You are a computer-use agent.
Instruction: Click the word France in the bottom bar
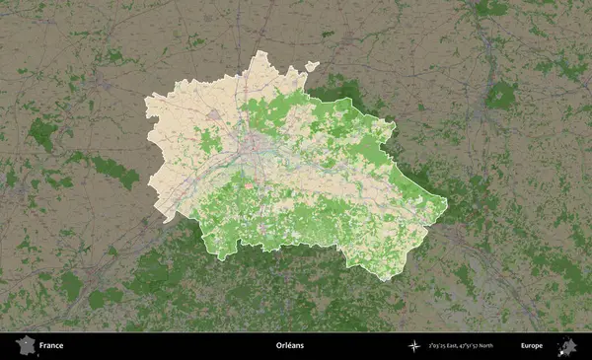[x=51, y=346]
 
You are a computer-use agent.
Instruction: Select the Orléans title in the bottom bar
[x=291, y=346]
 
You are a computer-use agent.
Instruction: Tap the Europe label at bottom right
[x=532, y=346]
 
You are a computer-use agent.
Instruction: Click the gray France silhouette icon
[x=24, y=345]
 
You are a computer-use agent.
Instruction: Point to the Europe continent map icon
[x=566, y=345]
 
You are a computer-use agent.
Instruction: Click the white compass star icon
[x=413, y=346]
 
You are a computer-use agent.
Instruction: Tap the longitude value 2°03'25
[x=440, y=346]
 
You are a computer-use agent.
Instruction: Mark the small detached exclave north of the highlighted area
[x=312, y=67]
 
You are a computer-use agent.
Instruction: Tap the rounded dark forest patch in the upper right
[x=501, y=95]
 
